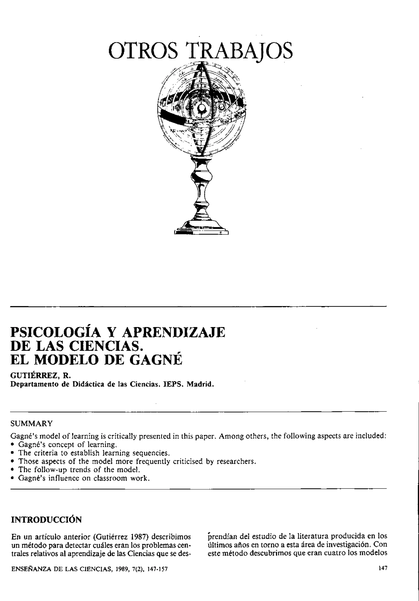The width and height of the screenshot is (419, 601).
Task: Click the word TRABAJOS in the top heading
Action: click(240, 51)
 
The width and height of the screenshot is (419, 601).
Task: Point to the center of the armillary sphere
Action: click(202, 108)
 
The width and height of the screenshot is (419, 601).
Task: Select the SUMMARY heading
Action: click(31, 423)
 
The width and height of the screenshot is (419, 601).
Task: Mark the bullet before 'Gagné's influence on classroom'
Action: click(12, 478)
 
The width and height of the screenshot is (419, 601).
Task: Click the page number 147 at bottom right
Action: click(382, 568)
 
